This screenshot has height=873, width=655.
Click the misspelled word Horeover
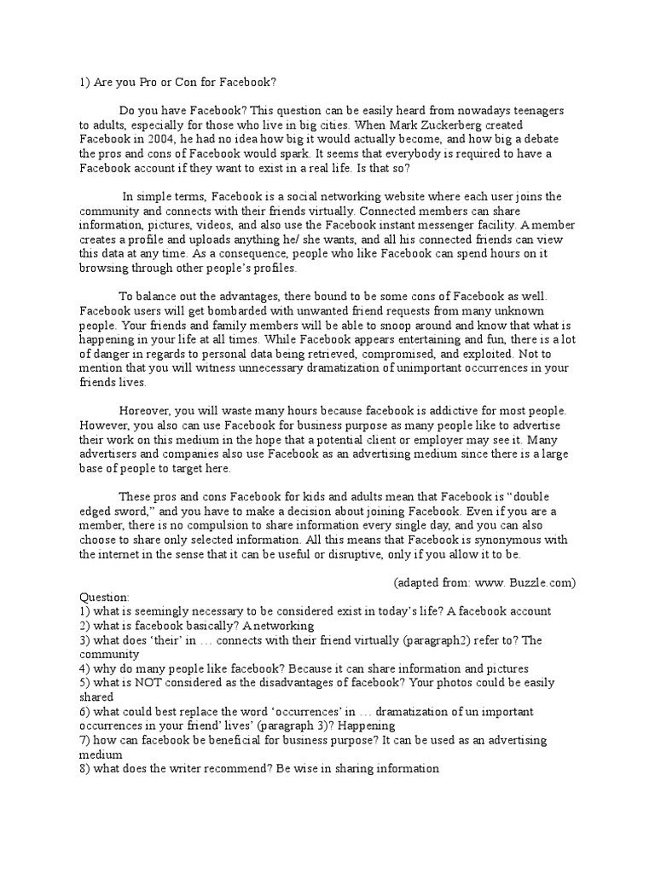[x=147, y=411]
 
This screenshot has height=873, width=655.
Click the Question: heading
[x=105, y=597]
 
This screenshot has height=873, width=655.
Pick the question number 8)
[x=85, y=769]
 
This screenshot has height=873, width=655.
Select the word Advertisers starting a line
[x=111, y=454]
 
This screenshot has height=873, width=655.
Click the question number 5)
[x=85, y=683]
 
